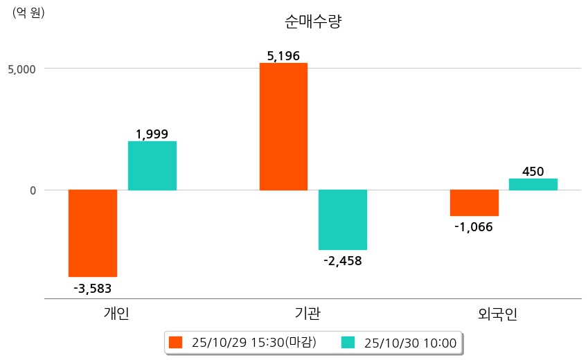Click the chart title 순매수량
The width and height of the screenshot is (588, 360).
point(313,21)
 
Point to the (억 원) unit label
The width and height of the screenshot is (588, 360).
point(28,12)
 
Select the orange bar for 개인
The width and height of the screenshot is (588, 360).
point(92,233)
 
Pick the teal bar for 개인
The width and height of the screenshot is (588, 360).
point(152,165)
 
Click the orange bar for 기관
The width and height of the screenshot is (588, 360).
point(283,126)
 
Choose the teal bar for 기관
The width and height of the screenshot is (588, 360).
point(343,219)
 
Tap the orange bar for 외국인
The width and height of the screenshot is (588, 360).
point(474,203)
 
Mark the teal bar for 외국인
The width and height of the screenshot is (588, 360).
point(533,184)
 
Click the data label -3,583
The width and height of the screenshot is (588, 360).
point(92,288)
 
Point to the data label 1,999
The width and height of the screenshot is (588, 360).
point(152,134)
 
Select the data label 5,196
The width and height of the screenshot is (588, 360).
point(283,56)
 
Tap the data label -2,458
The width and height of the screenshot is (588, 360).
point(343,261)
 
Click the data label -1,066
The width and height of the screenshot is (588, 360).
point(474,227)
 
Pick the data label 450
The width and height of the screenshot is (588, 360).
point(533,172)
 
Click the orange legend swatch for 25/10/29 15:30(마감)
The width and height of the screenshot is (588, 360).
point(175,342)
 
